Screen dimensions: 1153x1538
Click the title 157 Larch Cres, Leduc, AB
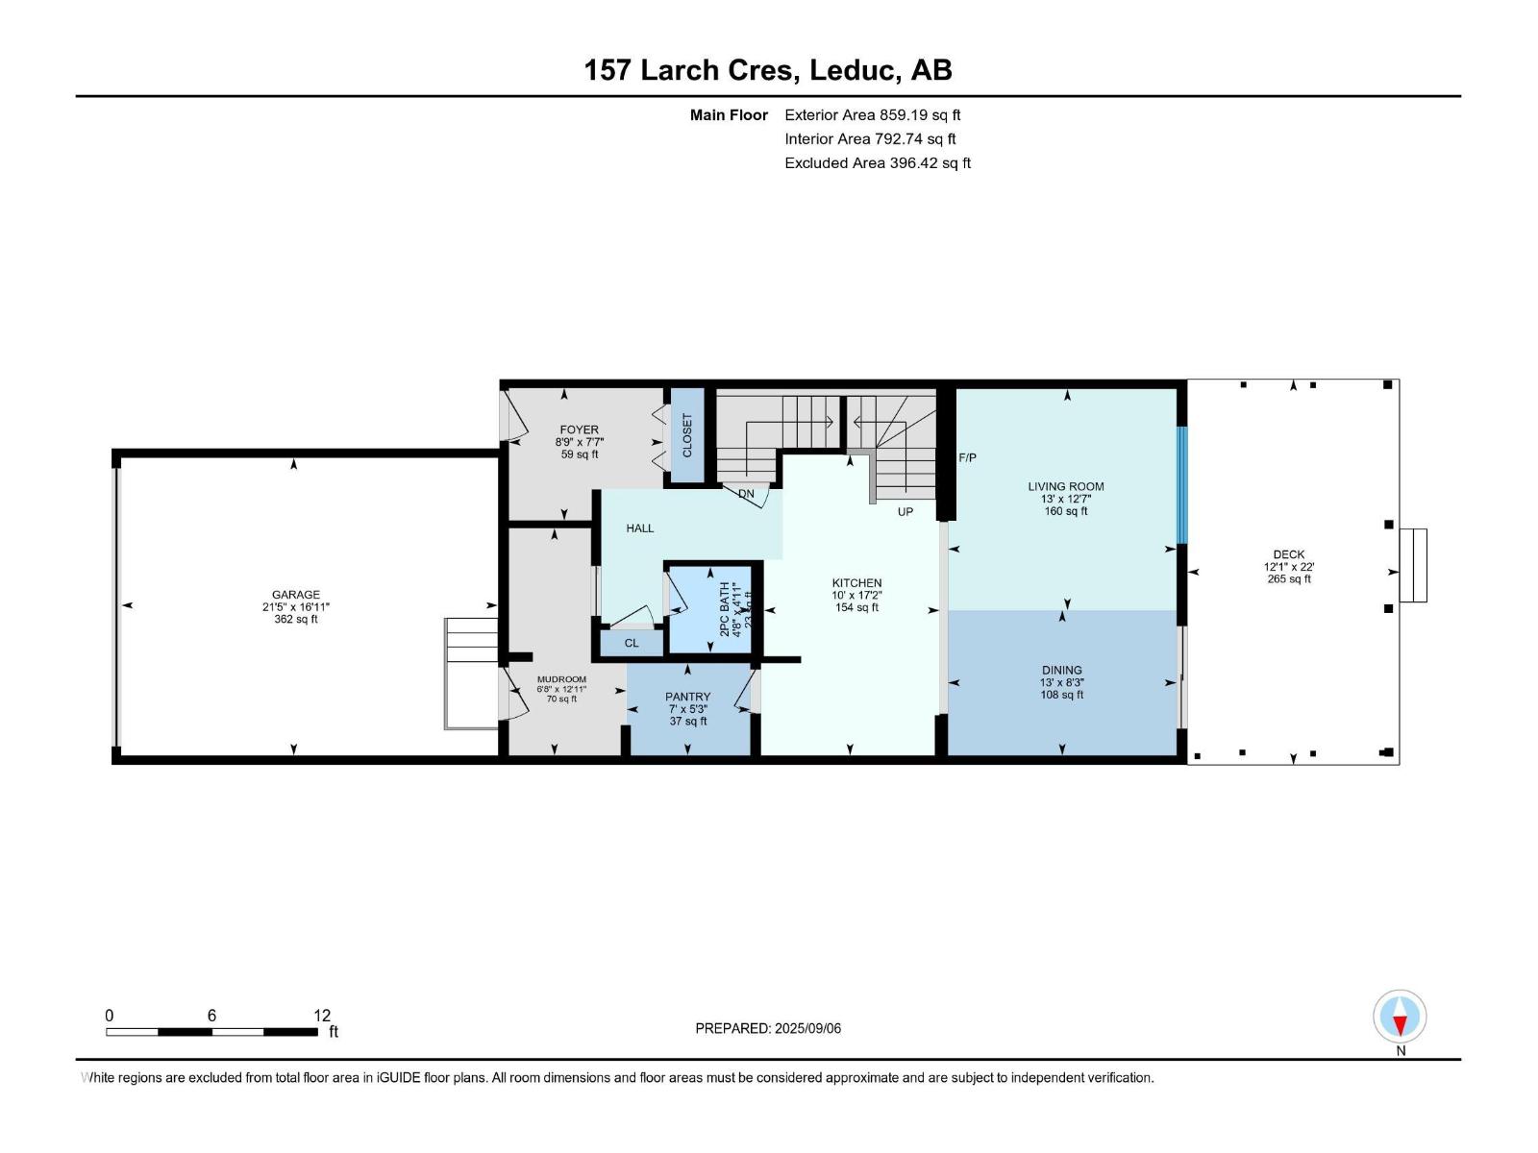(x=768, y=70)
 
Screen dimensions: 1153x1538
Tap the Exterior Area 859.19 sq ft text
(x=872, y=115)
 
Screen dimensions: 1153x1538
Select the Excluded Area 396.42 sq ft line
(x=877, y=163)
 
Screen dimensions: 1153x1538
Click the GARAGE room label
(x=295, y=596)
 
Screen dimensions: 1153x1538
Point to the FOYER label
(x=579, y=430)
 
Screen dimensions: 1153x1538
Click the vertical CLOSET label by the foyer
(x=687, y=435)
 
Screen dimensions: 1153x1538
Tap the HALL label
(x=640, y=528)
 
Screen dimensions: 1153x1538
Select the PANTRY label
(x=687, y=698)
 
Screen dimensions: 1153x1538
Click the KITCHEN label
(x=856, y=583)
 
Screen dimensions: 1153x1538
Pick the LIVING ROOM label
(x=1066, y=487)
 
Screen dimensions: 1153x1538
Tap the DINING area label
(x=1061, y=671)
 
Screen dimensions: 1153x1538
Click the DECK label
(x=1288, y=554)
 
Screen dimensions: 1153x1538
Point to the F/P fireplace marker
(x=967, y=458)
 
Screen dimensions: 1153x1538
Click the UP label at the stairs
(x=905, y=512)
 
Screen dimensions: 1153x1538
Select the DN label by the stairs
(x=747, y=495)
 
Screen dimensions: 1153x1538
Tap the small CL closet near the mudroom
(x=632, y=643)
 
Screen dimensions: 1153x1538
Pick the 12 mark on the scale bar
(x=321, y=1016)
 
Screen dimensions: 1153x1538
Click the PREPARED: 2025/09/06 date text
(x=768, y=1028)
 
